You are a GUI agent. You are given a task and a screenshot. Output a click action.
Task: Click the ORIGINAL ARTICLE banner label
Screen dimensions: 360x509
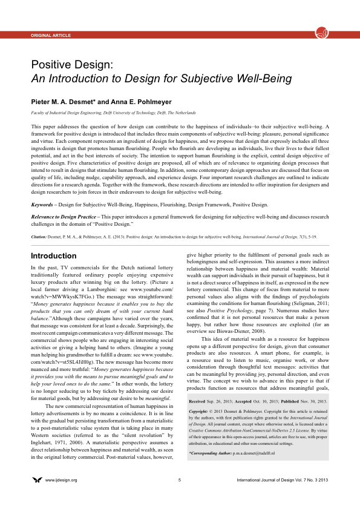(x=51, y=36)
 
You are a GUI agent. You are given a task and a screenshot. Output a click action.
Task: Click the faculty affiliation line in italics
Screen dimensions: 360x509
(x=113, y=113)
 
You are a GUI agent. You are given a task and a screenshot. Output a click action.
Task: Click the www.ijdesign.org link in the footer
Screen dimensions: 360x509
(x=62, y=497)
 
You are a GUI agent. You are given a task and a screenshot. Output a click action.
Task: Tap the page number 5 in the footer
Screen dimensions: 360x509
(x=180, y=497)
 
